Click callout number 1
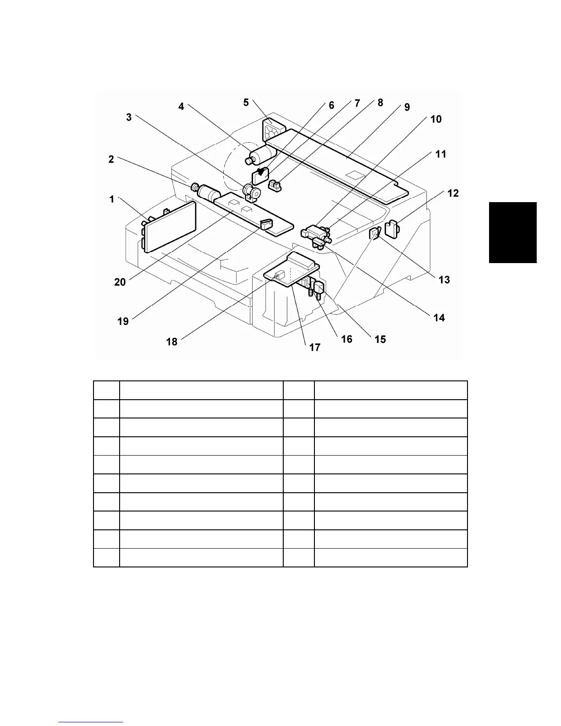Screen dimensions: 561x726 coord(111,199)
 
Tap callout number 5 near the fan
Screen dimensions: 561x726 coord(246,102)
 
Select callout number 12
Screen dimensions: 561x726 coord(452,193)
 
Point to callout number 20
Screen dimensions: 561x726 coord(120,282)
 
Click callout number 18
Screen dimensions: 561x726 coord(171,341)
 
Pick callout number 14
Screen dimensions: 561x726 coord(439,317)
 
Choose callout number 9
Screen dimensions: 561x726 coord(407,107)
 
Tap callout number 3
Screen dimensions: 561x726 coord(129,117)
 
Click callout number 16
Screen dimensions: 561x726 coord(346,339)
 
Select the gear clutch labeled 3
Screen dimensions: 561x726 coord(252,191)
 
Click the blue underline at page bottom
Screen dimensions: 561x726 coord(91,722)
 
